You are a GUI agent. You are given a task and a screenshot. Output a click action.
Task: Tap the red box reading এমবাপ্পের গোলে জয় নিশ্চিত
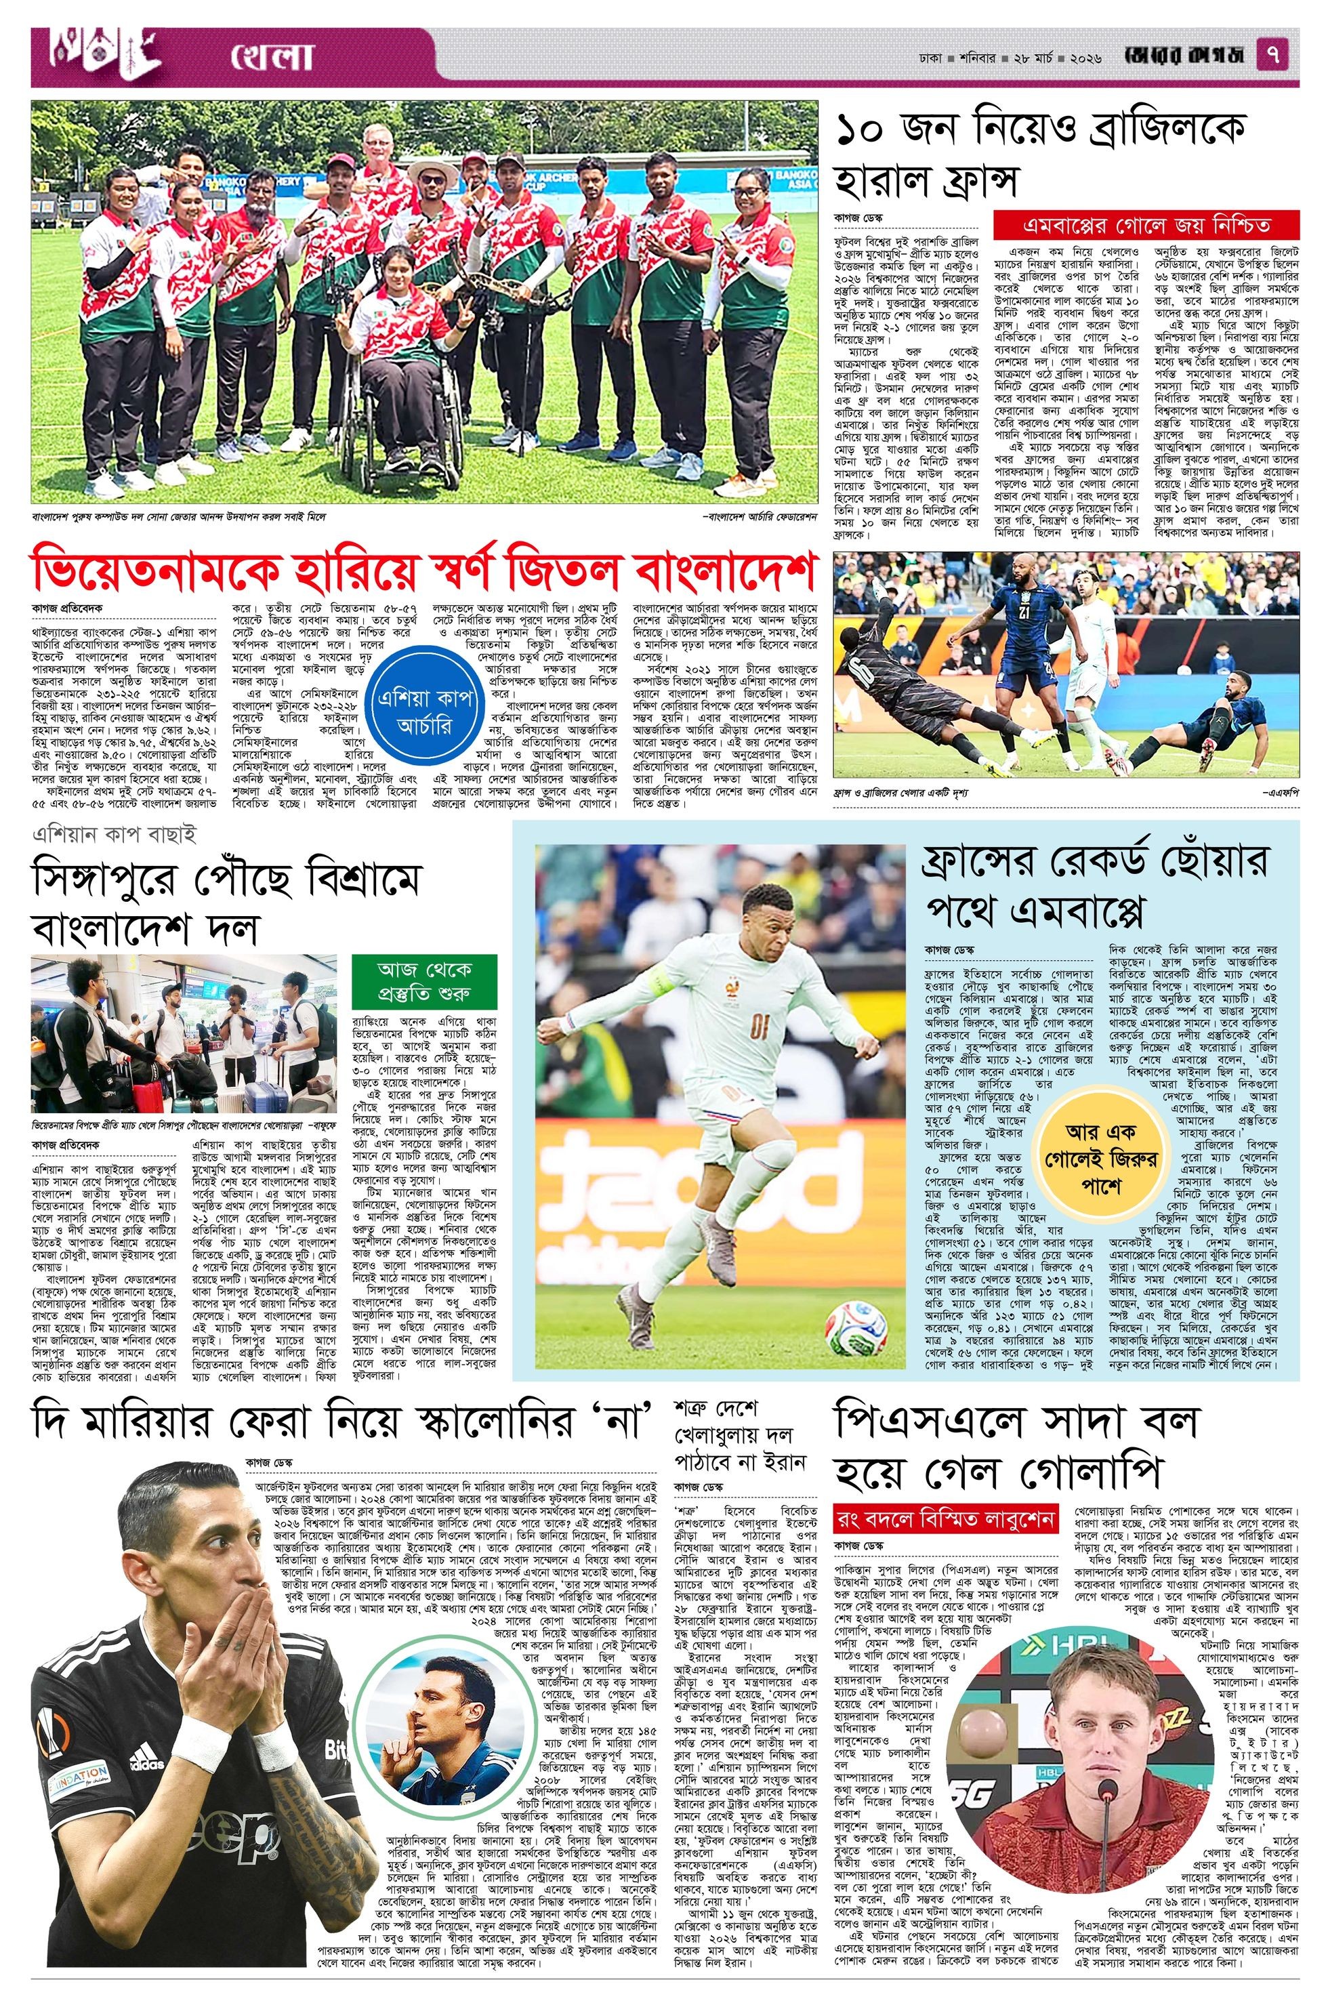[1146, 226]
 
